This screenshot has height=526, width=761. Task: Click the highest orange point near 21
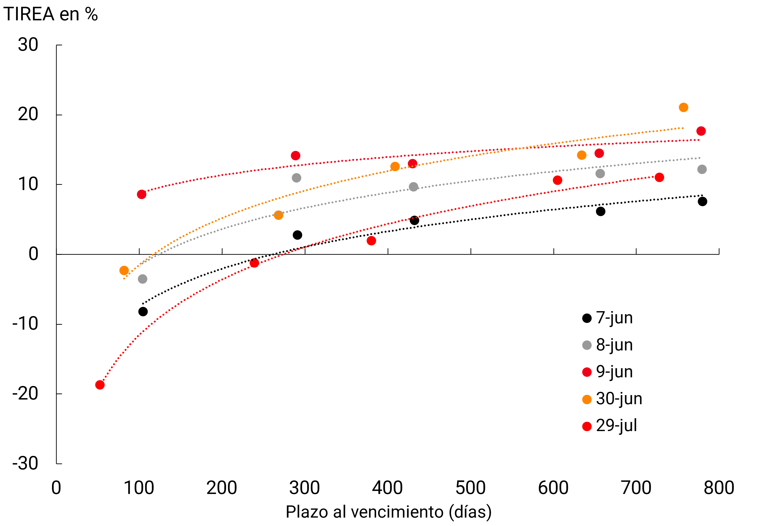tap(683, 108)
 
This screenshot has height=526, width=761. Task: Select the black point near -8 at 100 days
tap(143, 311)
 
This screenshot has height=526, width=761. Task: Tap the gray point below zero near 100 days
tap(142, 279)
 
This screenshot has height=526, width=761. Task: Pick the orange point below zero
tap(124, 270)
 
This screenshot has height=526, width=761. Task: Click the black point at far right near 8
tap(702, 201)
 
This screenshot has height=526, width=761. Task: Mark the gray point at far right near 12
tap(702, 169)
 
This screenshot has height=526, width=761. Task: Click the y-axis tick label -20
tap(26, 393)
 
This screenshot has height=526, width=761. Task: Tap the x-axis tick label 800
tap(719, 488)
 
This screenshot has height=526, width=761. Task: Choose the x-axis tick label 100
tap(139, 488)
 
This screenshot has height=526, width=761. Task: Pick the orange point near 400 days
tap(395, 166)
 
